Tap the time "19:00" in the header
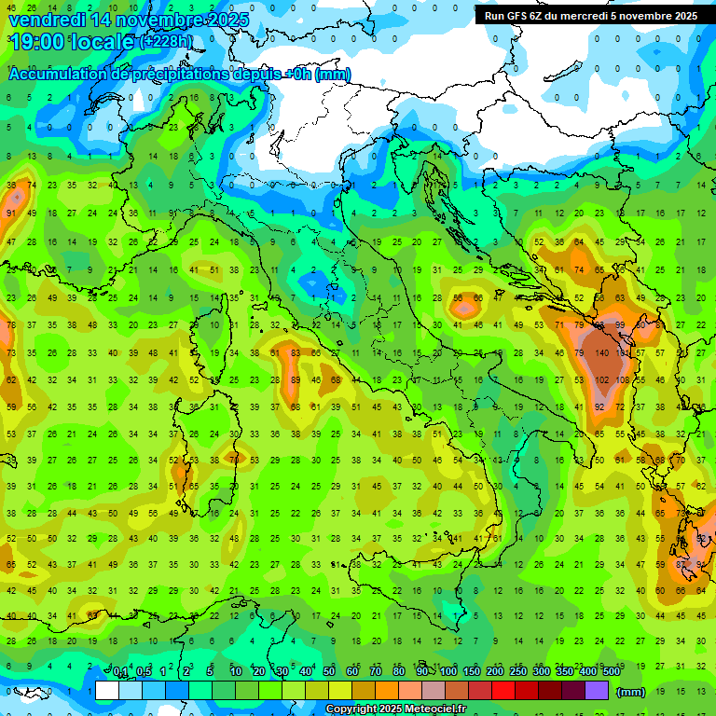tap(39, 42)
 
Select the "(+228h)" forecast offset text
tap(167, 42)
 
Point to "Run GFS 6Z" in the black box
tap(518, 16)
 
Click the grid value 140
tap(602, 354)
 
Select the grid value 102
tap(603, 380)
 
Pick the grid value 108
tap(623, 380)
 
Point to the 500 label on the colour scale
tap(611, 671)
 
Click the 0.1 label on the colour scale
tap(120, 671)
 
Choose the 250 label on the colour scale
tap(517, 671)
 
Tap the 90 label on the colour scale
tap(423, 671)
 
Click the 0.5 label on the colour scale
tap(144, 671)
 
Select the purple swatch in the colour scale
tap(598, 691)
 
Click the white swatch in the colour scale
tap(107, 691)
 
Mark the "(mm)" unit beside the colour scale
tap(631, 692)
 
